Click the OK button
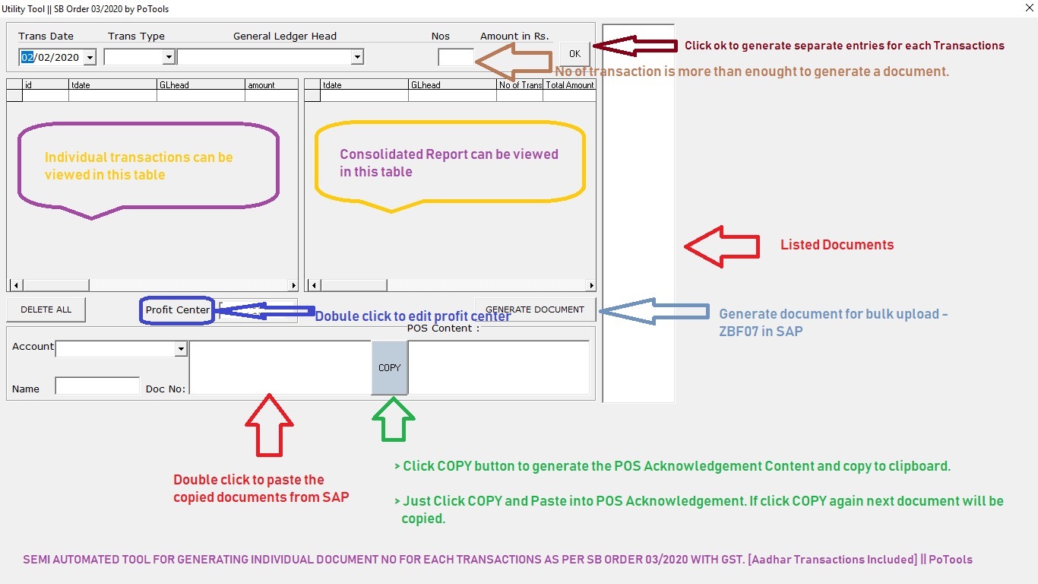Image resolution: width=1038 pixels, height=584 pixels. [x=574, y=53]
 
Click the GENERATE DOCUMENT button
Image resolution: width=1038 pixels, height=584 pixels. [x=535, y=309]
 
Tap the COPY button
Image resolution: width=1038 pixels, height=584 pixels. [x=389, y=367]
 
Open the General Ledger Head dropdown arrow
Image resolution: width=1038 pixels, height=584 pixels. [x=357, y=57]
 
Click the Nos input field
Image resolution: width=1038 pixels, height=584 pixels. [x=456, y=57]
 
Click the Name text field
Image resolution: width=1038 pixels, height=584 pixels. [x=97, y=386]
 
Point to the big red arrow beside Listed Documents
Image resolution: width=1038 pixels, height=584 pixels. [x=722, y=246]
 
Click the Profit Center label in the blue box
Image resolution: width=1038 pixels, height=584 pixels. [x=177, y=310]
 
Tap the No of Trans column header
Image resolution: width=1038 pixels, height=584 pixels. [x=520, y=85]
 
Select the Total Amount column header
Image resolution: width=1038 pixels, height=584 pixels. [x=569, y=85]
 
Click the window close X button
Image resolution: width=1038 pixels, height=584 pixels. [x=1027, y=9]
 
